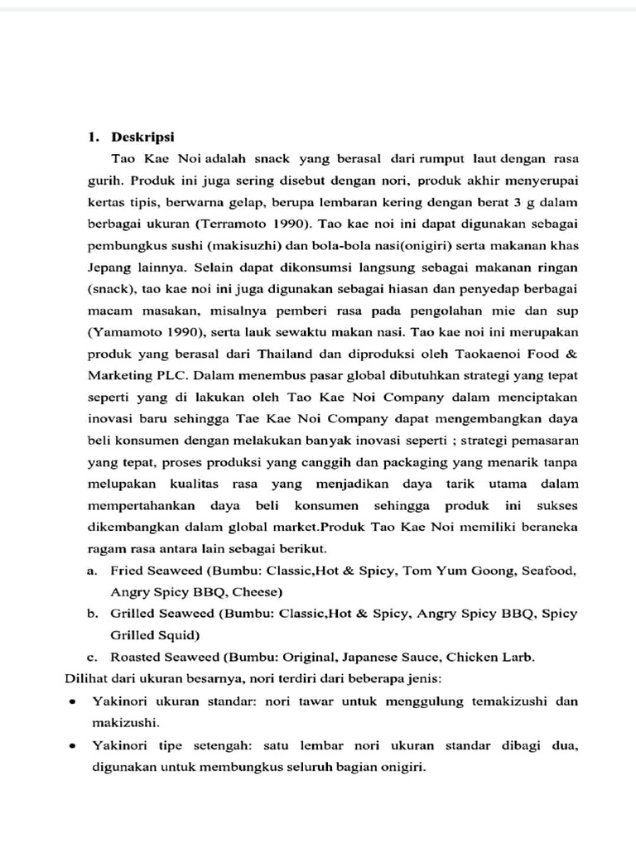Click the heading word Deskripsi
(x=138, y=137)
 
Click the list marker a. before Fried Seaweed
(x=92, y=571)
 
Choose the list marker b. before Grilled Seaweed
(x=92, y=614)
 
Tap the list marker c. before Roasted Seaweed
(x=92, y=658)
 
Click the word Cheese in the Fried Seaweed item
(x=256, y=592)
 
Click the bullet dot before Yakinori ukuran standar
(x=74, y=701)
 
